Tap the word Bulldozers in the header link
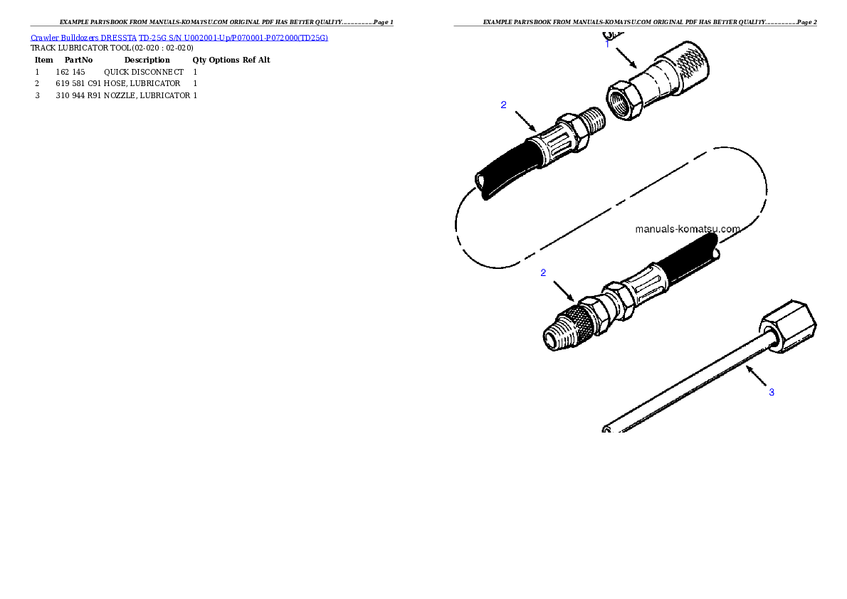(x=79, y=37)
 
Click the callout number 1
(x=607, y=43)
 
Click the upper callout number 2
(x=503, y=105)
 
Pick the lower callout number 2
(x=543, y=272)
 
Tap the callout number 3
(x=771, y=392)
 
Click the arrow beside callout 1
(x=626, y=57)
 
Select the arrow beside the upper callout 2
(x=525, y=120)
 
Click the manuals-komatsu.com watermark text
(x=687, y=229)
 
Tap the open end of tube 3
(x=606, y=428)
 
